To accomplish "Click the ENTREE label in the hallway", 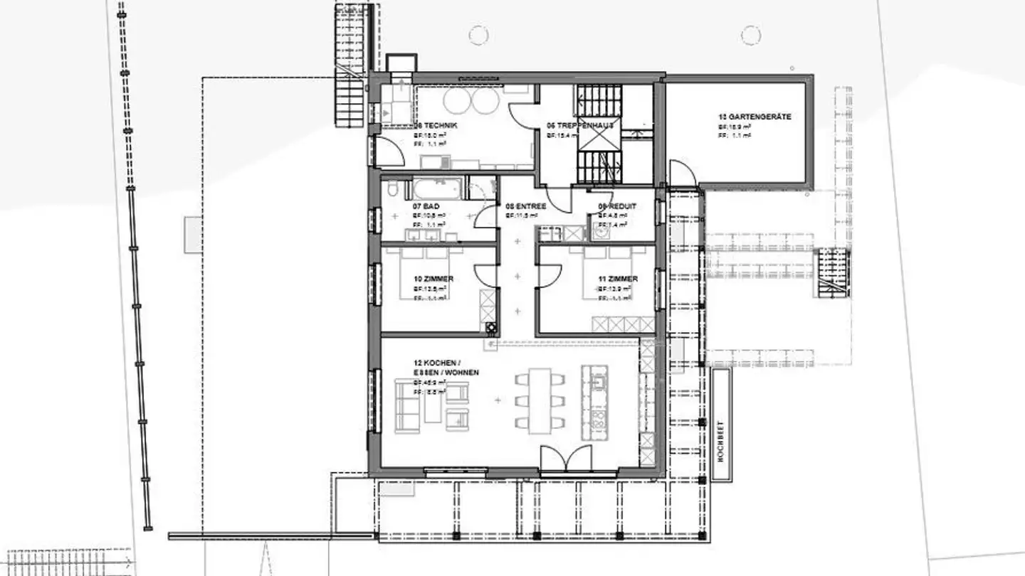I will [525, 206].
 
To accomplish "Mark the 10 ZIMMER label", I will [433, 279].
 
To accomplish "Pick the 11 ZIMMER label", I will [617, 279].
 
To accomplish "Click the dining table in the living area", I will [541, 399].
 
